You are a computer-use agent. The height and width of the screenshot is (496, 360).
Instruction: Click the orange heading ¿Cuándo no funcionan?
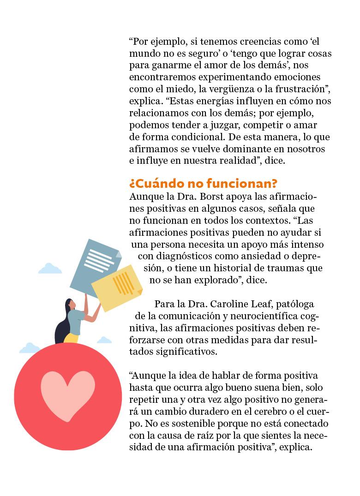point(203,184)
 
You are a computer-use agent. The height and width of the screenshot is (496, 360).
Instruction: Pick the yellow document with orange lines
point(117,283)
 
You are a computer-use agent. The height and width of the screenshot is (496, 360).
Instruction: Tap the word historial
point(228,268)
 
